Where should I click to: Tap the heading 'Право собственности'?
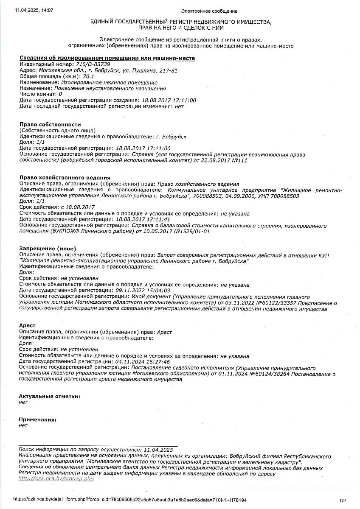point(50,124)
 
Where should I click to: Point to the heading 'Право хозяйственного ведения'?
point(65,177)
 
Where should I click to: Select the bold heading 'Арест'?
point(27,325)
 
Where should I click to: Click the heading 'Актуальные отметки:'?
point(49,396)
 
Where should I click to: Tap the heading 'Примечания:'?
point(37,419)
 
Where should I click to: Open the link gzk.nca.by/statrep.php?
point(56,478)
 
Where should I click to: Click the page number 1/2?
point(343,500)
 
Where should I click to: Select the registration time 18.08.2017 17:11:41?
point(143,219)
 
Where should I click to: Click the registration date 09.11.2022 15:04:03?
point(143,291)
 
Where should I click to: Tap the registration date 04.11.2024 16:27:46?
point(143,361)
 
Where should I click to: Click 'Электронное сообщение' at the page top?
point(209,11)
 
